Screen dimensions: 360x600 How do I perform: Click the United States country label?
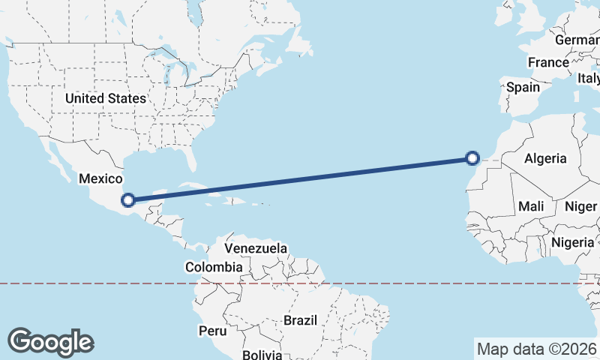tap(105, 98)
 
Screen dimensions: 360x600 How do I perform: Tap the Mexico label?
tap(100, 178)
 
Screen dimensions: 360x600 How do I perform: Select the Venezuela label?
tap(256, 248)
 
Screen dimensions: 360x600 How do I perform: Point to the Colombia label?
tap(214, 266)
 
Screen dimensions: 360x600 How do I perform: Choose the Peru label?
tap(212, 330)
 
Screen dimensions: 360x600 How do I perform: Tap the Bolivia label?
tap(262, 354)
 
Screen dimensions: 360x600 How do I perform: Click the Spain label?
tap(523, 87)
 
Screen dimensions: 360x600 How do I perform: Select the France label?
tap(548, 62)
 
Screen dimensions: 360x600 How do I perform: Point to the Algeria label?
tap(545, 158)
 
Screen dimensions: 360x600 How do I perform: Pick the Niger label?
tap(580, 206)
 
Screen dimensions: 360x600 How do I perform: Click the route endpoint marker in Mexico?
tap(128, 200)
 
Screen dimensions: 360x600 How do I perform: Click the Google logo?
tap(50, 341)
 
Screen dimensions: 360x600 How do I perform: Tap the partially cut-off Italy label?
tap(589, 78)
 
